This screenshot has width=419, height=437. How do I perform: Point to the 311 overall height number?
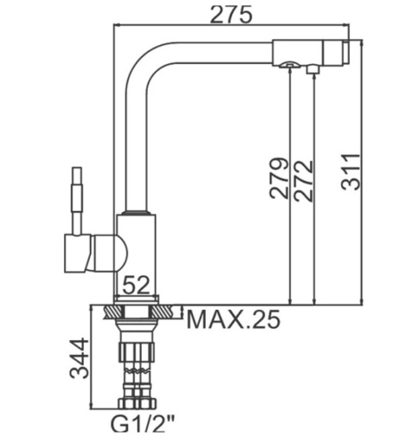pyautogui.click(x=350, y=172)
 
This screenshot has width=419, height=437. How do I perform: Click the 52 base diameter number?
pyautogui.click(x=137, y=286)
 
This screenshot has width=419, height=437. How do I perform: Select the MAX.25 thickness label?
pyautogui.click(x=232, y=319)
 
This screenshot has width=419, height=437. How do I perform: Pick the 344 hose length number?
pyautogui.click(x=79, y=358)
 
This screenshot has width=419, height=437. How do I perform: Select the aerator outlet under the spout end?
pyautogui.click(x=289, y=65)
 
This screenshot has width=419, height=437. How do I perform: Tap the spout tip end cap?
pyautogui.click(x=346, y=51)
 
